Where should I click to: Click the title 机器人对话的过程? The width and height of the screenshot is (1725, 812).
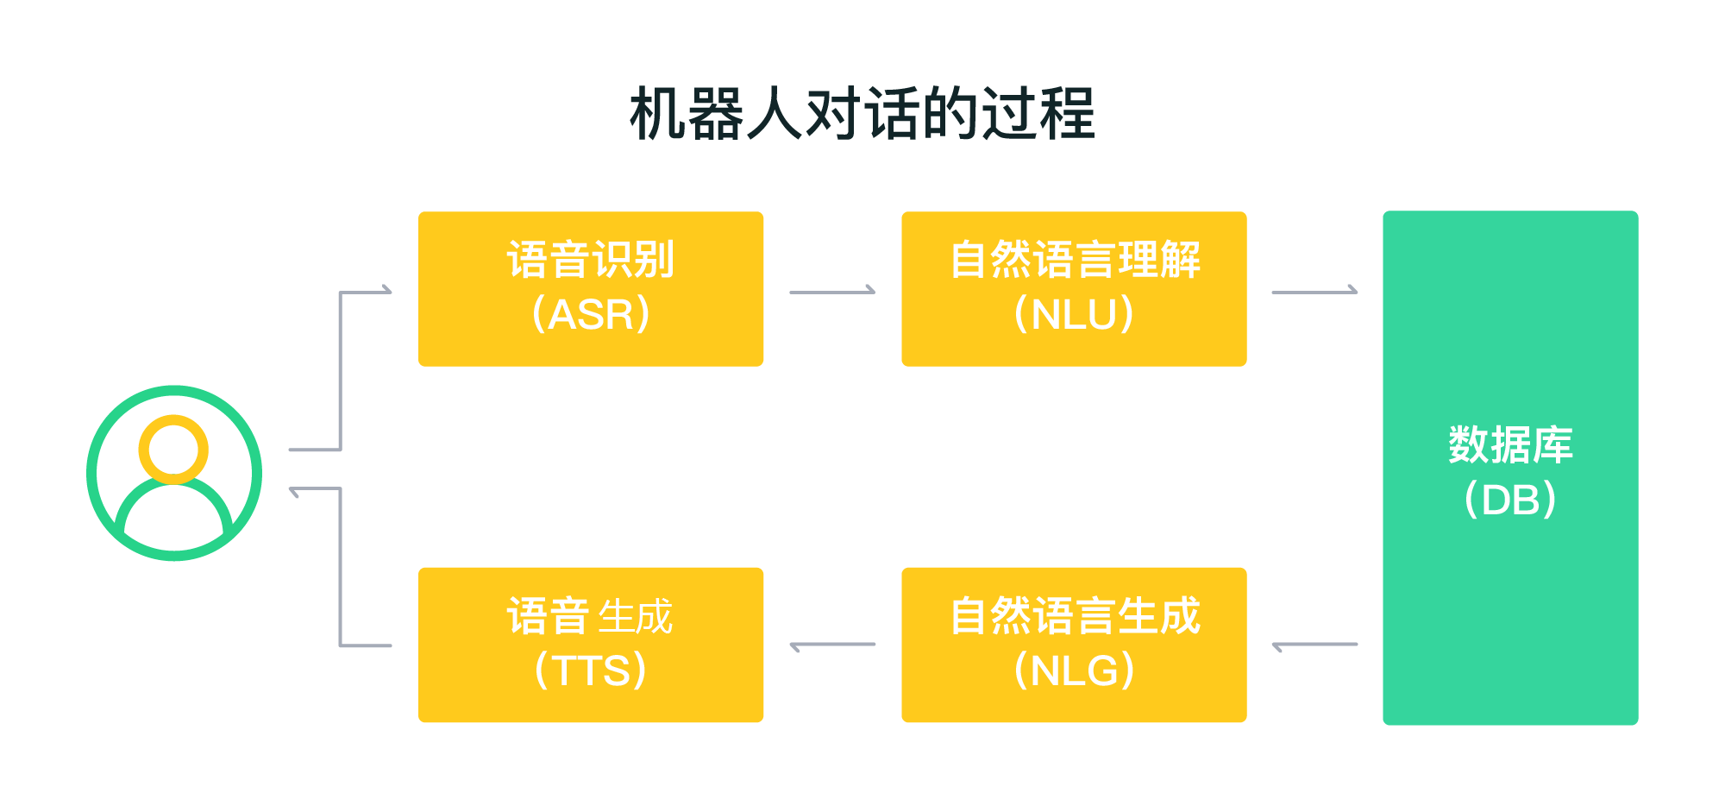862,114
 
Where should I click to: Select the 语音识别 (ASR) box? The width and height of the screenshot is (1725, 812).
591,289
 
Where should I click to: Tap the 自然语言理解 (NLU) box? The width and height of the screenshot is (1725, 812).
1074,289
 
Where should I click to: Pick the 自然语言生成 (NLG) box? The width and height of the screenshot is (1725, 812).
1074,645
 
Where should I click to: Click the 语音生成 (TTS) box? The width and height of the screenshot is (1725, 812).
591,645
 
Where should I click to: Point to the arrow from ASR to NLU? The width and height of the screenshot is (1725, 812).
832,292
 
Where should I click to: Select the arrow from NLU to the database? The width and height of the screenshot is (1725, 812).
1314,292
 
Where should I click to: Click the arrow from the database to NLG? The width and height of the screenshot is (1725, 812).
1314,644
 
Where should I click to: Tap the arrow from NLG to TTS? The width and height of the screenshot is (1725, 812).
832,644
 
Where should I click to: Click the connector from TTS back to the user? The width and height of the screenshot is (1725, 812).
341,570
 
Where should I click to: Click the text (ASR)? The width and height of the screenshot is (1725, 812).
591,314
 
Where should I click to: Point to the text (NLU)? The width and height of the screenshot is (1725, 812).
1074,314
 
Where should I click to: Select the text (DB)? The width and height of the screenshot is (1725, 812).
1510,500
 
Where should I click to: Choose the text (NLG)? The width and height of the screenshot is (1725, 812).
1074,670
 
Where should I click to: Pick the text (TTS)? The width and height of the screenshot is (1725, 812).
591,670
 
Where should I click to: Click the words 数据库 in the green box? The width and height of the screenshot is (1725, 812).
1510,445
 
